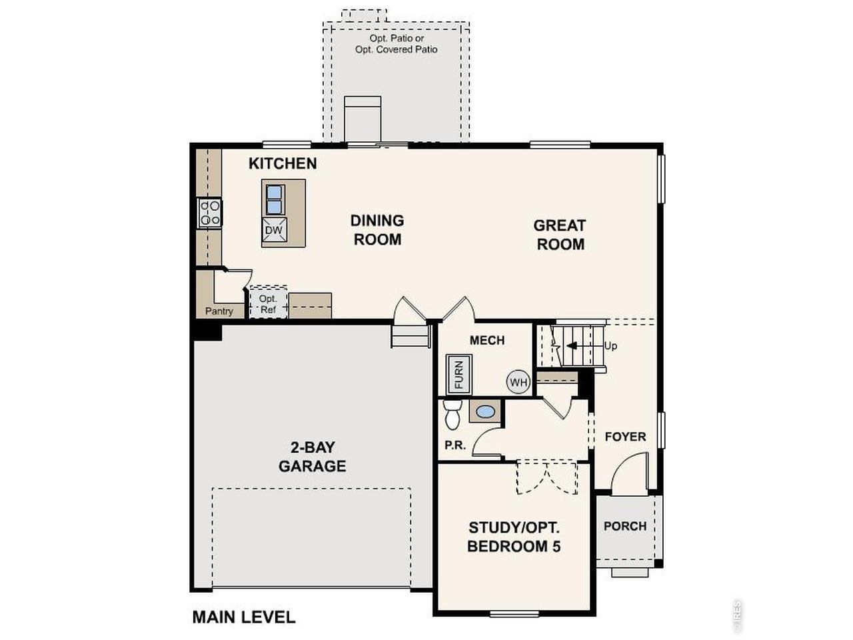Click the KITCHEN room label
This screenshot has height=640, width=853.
click(x=283, y=163)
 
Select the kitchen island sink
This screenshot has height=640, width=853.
click(x=274, y=198)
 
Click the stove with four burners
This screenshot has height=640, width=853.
click(x=209, y=213)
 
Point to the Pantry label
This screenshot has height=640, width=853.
click(x=219, y=311)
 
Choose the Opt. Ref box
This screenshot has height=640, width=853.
click(x=268, y=304)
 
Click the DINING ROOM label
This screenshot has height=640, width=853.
click(x=377, y=229)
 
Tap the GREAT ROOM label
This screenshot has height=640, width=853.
click(x=560, y=235)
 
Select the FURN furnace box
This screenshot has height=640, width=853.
click(x=458, y=374)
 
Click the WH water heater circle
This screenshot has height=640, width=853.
click(x=518, y=383)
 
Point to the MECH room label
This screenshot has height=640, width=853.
click(x=487, y=340)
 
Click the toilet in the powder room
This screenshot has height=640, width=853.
click(x=452, y=415)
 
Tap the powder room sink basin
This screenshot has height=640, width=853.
click(x=486, y=412)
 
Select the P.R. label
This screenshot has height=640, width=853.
click(x=455, y=445)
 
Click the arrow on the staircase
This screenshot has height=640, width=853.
click(x=570, y=345)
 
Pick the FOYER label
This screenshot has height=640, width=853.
click(x=625, y=437)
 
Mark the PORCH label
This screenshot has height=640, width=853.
click(x=625, y=526)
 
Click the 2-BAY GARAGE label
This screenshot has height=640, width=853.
click(x=312, y=457)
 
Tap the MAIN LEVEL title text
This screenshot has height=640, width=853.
click(x=243, y=617)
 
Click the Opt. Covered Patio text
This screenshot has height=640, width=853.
click(x=397, y=49)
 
